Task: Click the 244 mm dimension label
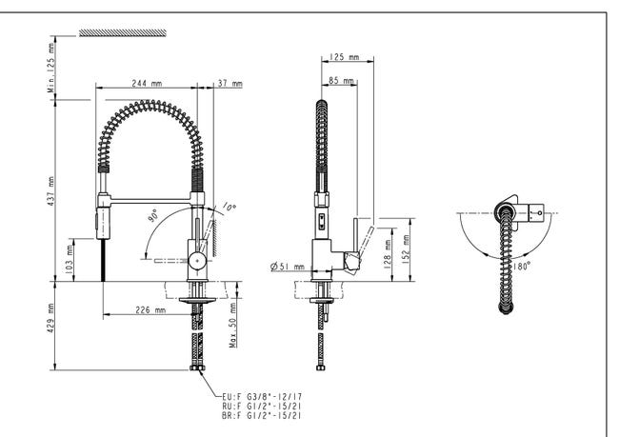pyautogui.click(x=147, y=83)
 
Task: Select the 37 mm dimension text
pyautogui.click(x=230, y=83)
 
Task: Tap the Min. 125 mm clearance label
pyautogui.click(x=51, y=68)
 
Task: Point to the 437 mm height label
pyautogui.click(x=50, y=191)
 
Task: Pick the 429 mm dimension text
pyautogui.click(x=50, y=318)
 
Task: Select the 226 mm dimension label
pyautogui.click(x=150, y=309)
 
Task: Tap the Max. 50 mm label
pyautogui.click(x=233, y=326)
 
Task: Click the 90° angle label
pyautogui.click(x=153, y=215)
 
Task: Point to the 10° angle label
pyautogui.click(x=229, y=207)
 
